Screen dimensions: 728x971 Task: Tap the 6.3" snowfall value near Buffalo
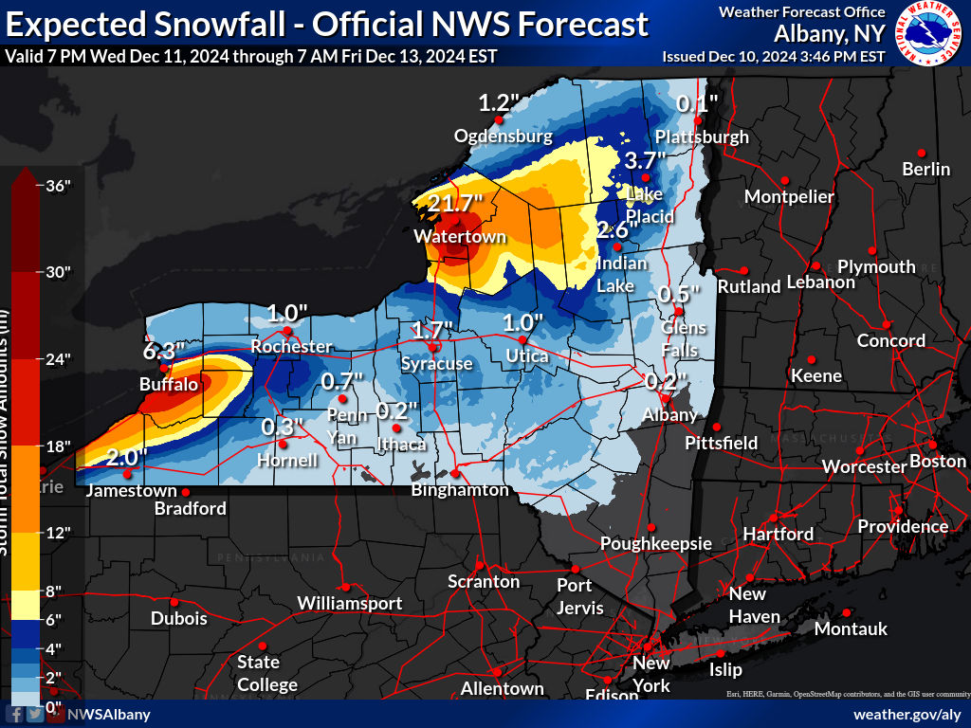pos(163,351)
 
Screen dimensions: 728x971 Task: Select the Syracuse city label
pos(436,364)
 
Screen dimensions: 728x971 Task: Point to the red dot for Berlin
pos(920,152)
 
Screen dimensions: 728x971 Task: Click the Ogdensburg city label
pos(503,136)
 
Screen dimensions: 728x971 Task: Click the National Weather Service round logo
pos(930,33)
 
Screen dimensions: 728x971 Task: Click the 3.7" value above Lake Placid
pos(647,161)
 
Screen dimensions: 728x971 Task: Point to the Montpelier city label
pos(789,197)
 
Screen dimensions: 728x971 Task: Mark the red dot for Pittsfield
pos(718,427)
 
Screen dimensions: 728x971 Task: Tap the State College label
pos(266,673)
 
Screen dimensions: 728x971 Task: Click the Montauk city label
pos(851,628)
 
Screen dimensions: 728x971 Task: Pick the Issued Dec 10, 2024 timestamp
pos(773,56)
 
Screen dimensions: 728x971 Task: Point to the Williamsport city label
pos(349,603)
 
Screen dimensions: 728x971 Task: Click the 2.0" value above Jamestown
pos(126,457)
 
